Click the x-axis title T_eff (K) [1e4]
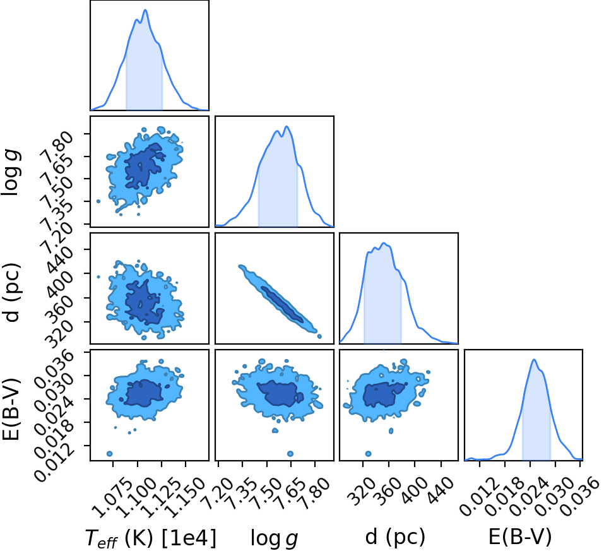151,538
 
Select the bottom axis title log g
275,538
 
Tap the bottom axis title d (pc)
395,536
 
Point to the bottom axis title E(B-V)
520,536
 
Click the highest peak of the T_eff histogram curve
145,10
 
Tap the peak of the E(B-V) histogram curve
534,360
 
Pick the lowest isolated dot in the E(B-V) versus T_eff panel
109,454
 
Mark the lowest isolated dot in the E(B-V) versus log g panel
290,454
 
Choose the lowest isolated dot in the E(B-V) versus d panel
368,454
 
